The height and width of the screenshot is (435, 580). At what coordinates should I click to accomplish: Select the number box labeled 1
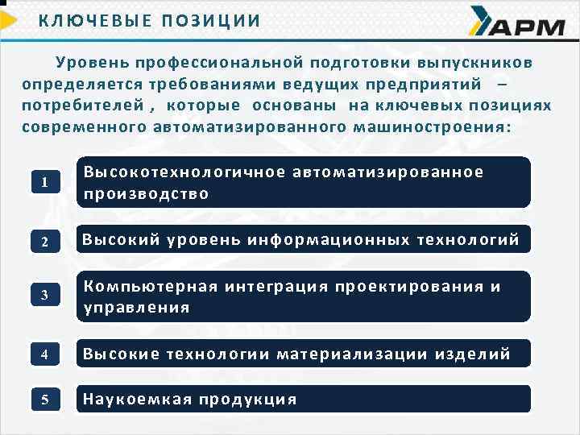click(x=45, y=182)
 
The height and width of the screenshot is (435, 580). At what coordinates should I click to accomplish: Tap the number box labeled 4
click(x=45, y=354)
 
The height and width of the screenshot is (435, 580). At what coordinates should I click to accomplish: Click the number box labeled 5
click(x=45, y=400)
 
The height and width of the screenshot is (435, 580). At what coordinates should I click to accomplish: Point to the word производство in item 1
click(x=146, y=193)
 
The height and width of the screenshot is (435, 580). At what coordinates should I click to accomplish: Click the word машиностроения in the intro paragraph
click(x=442, y=127)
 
